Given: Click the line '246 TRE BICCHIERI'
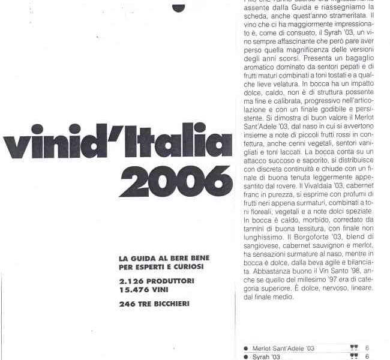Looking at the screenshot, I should tap(154, 304).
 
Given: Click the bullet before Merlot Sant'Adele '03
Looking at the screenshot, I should tap(246, 349).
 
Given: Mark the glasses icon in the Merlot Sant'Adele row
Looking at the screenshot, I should tap(354, 348).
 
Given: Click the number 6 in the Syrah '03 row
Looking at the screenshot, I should tap(367, 356).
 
